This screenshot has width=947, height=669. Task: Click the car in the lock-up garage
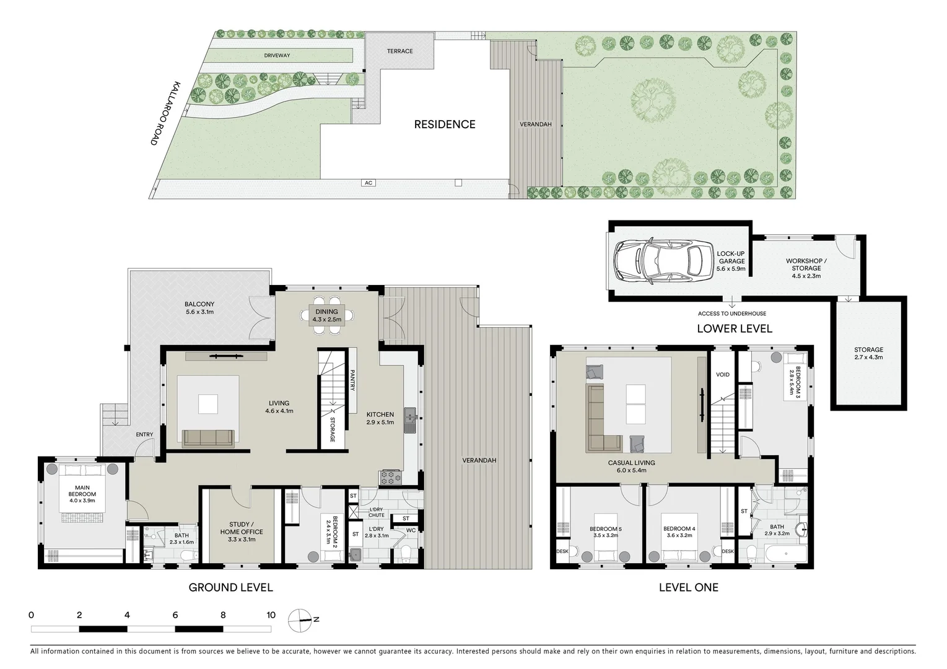coord(660,260)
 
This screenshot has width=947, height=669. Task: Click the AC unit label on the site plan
coord(368,183)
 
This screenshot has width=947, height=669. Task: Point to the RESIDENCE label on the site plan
coord(444,125)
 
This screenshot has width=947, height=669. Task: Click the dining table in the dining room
coord(326,315)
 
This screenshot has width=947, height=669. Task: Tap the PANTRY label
coord(352,380)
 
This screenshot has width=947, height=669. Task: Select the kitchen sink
coord(409,421)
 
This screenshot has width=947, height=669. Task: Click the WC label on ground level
coord(411,530)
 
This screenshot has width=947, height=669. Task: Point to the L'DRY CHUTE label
coord(376,512)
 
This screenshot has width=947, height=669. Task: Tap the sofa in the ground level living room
coord(208,438)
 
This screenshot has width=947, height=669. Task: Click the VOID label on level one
coord(722,375)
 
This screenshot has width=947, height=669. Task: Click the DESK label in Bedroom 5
coord(562,551)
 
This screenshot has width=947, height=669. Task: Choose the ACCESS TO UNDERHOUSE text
coord(731,313)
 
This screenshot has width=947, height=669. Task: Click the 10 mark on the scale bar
coord(271,615)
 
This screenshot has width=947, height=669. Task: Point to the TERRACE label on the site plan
coord(399,51)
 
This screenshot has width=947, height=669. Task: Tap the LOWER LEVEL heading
coord(734,329)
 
